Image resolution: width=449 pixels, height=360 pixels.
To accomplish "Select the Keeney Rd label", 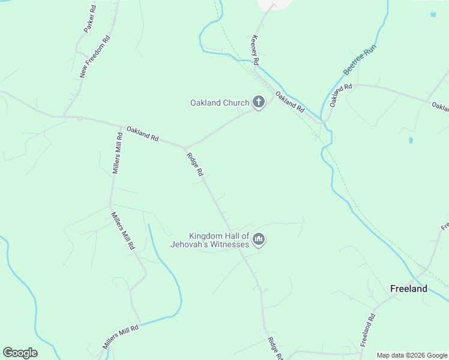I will (255, 50).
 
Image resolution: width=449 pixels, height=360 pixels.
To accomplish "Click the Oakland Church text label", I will (219, 103).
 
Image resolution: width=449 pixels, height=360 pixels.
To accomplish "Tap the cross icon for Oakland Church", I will (259, 103).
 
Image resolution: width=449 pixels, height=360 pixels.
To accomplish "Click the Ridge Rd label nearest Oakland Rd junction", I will (195, 164).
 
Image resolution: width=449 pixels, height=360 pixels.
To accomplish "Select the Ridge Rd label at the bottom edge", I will (275, 349).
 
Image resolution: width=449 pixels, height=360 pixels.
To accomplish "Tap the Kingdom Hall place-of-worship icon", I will (259, 240).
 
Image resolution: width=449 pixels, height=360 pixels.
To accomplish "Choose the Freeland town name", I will (409, 289).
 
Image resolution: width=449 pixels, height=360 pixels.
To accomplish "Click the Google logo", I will (20, 353).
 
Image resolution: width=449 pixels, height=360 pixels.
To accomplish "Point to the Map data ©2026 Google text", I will (412, 355).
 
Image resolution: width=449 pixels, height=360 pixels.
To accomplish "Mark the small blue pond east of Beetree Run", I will (411, 140).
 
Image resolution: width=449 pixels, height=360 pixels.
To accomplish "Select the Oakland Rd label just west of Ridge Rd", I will (142, 133).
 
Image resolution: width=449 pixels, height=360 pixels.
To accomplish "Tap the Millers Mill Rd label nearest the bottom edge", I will (120, 337).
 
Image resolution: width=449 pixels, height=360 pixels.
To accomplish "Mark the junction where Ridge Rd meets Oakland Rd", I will (185, 147).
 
